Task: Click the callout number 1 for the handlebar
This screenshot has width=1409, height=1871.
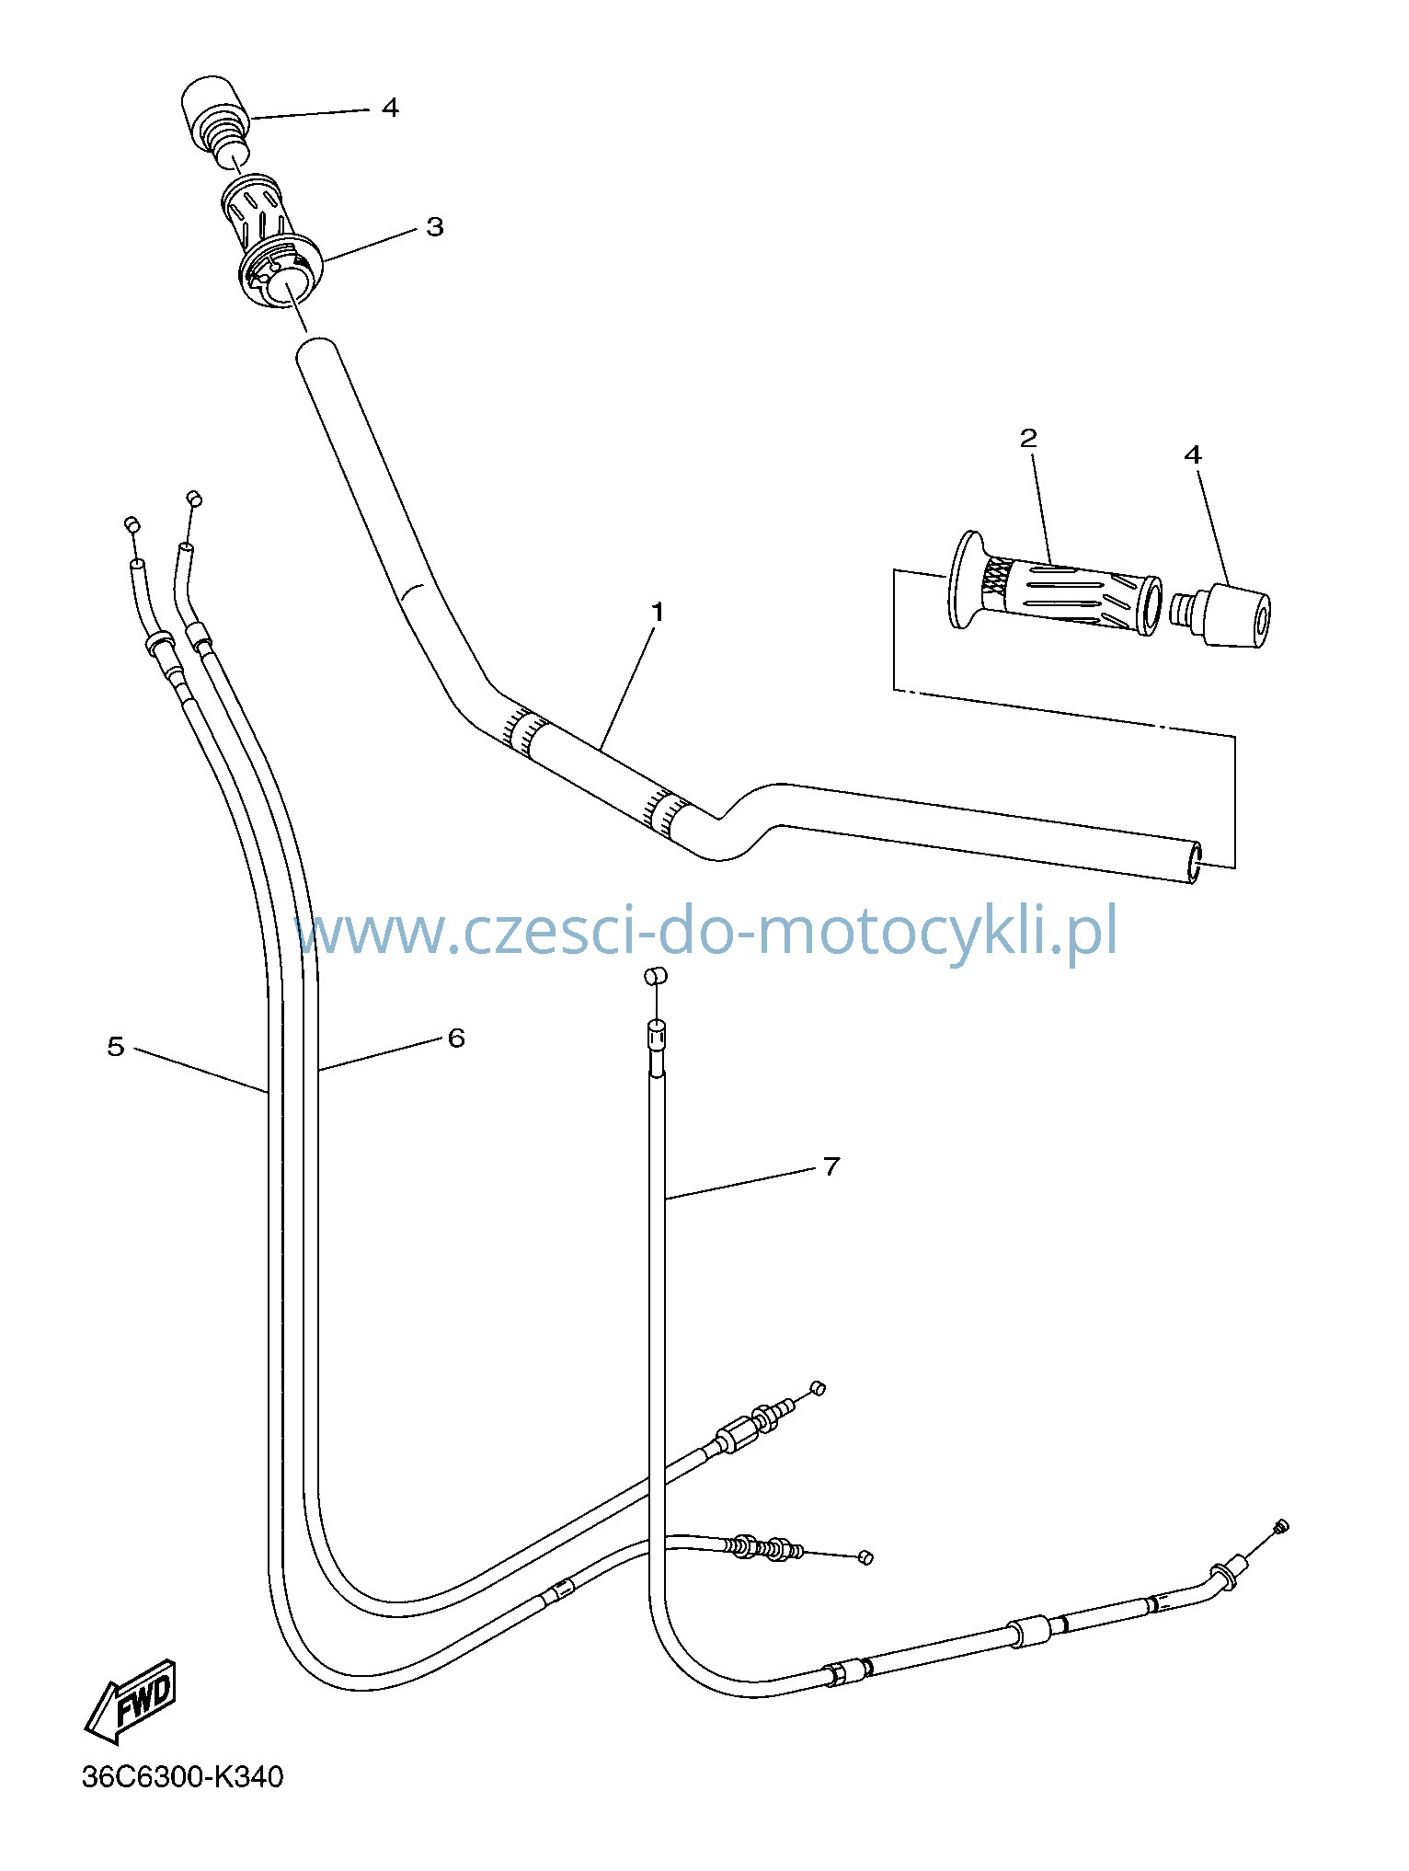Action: (657, 611)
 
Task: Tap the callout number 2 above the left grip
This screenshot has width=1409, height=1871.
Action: (1028, 437)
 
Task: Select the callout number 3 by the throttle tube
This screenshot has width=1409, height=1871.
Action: (434, 226)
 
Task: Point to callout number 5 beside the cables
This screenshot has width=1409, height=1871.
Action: (115, 1046)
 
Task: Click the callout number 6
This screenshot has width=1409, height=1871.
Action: (456, 1038)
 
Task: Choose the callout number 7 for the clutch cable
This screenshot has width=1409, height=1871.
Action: (831, 1166)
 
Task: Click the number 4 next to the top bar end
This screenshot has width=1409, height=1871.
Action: (390, 108)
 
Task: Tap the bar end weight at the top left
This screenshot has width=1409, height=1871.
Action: (216, 126)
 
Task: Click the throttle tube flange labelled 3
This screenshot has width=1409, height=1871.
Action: (281, 270)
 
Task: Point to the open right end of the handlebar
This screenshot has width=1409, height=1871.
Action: (1196, 862)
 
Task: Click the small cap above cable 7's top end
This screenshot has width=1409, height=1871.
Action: (653, 976)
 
